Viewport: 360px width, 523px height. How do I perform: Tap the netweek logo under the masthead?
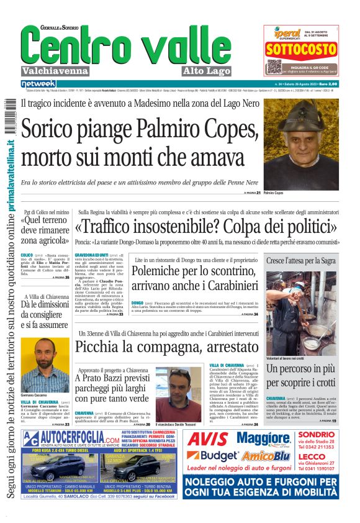click(x=38, y=84)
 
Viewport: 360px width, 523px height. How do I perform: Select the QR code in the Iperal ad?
click(x=274, y=66)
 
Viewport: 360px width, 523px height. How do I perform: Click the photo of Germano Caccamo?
click(x=45, y=365)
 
